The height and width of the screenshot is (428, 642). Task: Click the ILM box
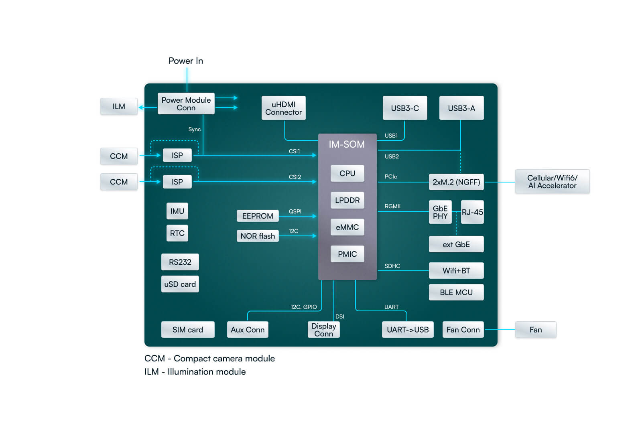[119, 106]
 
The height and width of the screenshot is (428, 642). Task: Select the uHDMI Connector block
[283, 108]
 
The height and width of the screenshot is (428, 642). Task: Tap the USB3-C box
[404, 108]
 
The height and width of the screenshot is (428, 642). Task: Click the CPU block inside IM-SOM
[347, 173]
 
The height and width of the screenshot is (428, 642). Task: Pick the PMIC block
[347, 254]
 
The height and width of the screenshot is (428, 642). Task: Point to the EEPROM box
[257, 216]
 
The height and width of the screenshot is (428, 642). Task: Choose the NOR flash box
[257, 236]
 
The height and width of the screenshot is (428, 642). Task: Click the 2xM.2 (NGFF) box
[456, 182]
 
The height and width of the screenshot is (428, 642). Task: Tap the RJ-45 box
[472, 212]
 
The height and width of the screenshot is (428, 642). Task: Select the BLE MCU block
[456, 292]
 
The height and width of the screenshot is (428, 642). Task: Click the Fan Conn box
[463, 330]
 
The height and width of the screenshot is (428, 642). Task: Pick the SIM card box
[187, 330]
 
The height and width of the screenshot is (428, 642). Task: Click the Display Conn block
[323, 330]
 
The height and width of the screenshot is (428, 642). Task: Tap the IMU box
[177, 211]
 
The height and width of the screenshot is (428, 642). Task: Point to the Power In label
[186, 61]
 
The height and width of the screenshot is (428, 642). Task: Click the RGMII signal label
[392, 206]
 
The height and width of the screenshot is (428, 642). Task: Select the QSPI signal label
[295, 211]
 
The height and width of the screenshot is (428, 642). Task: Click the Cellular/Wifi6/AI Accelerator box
[552, 182]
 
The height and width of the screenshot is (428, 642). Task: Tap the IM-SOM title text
[347, 144]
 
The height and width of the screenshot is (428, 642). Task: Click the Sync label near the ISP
[195, 129]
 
